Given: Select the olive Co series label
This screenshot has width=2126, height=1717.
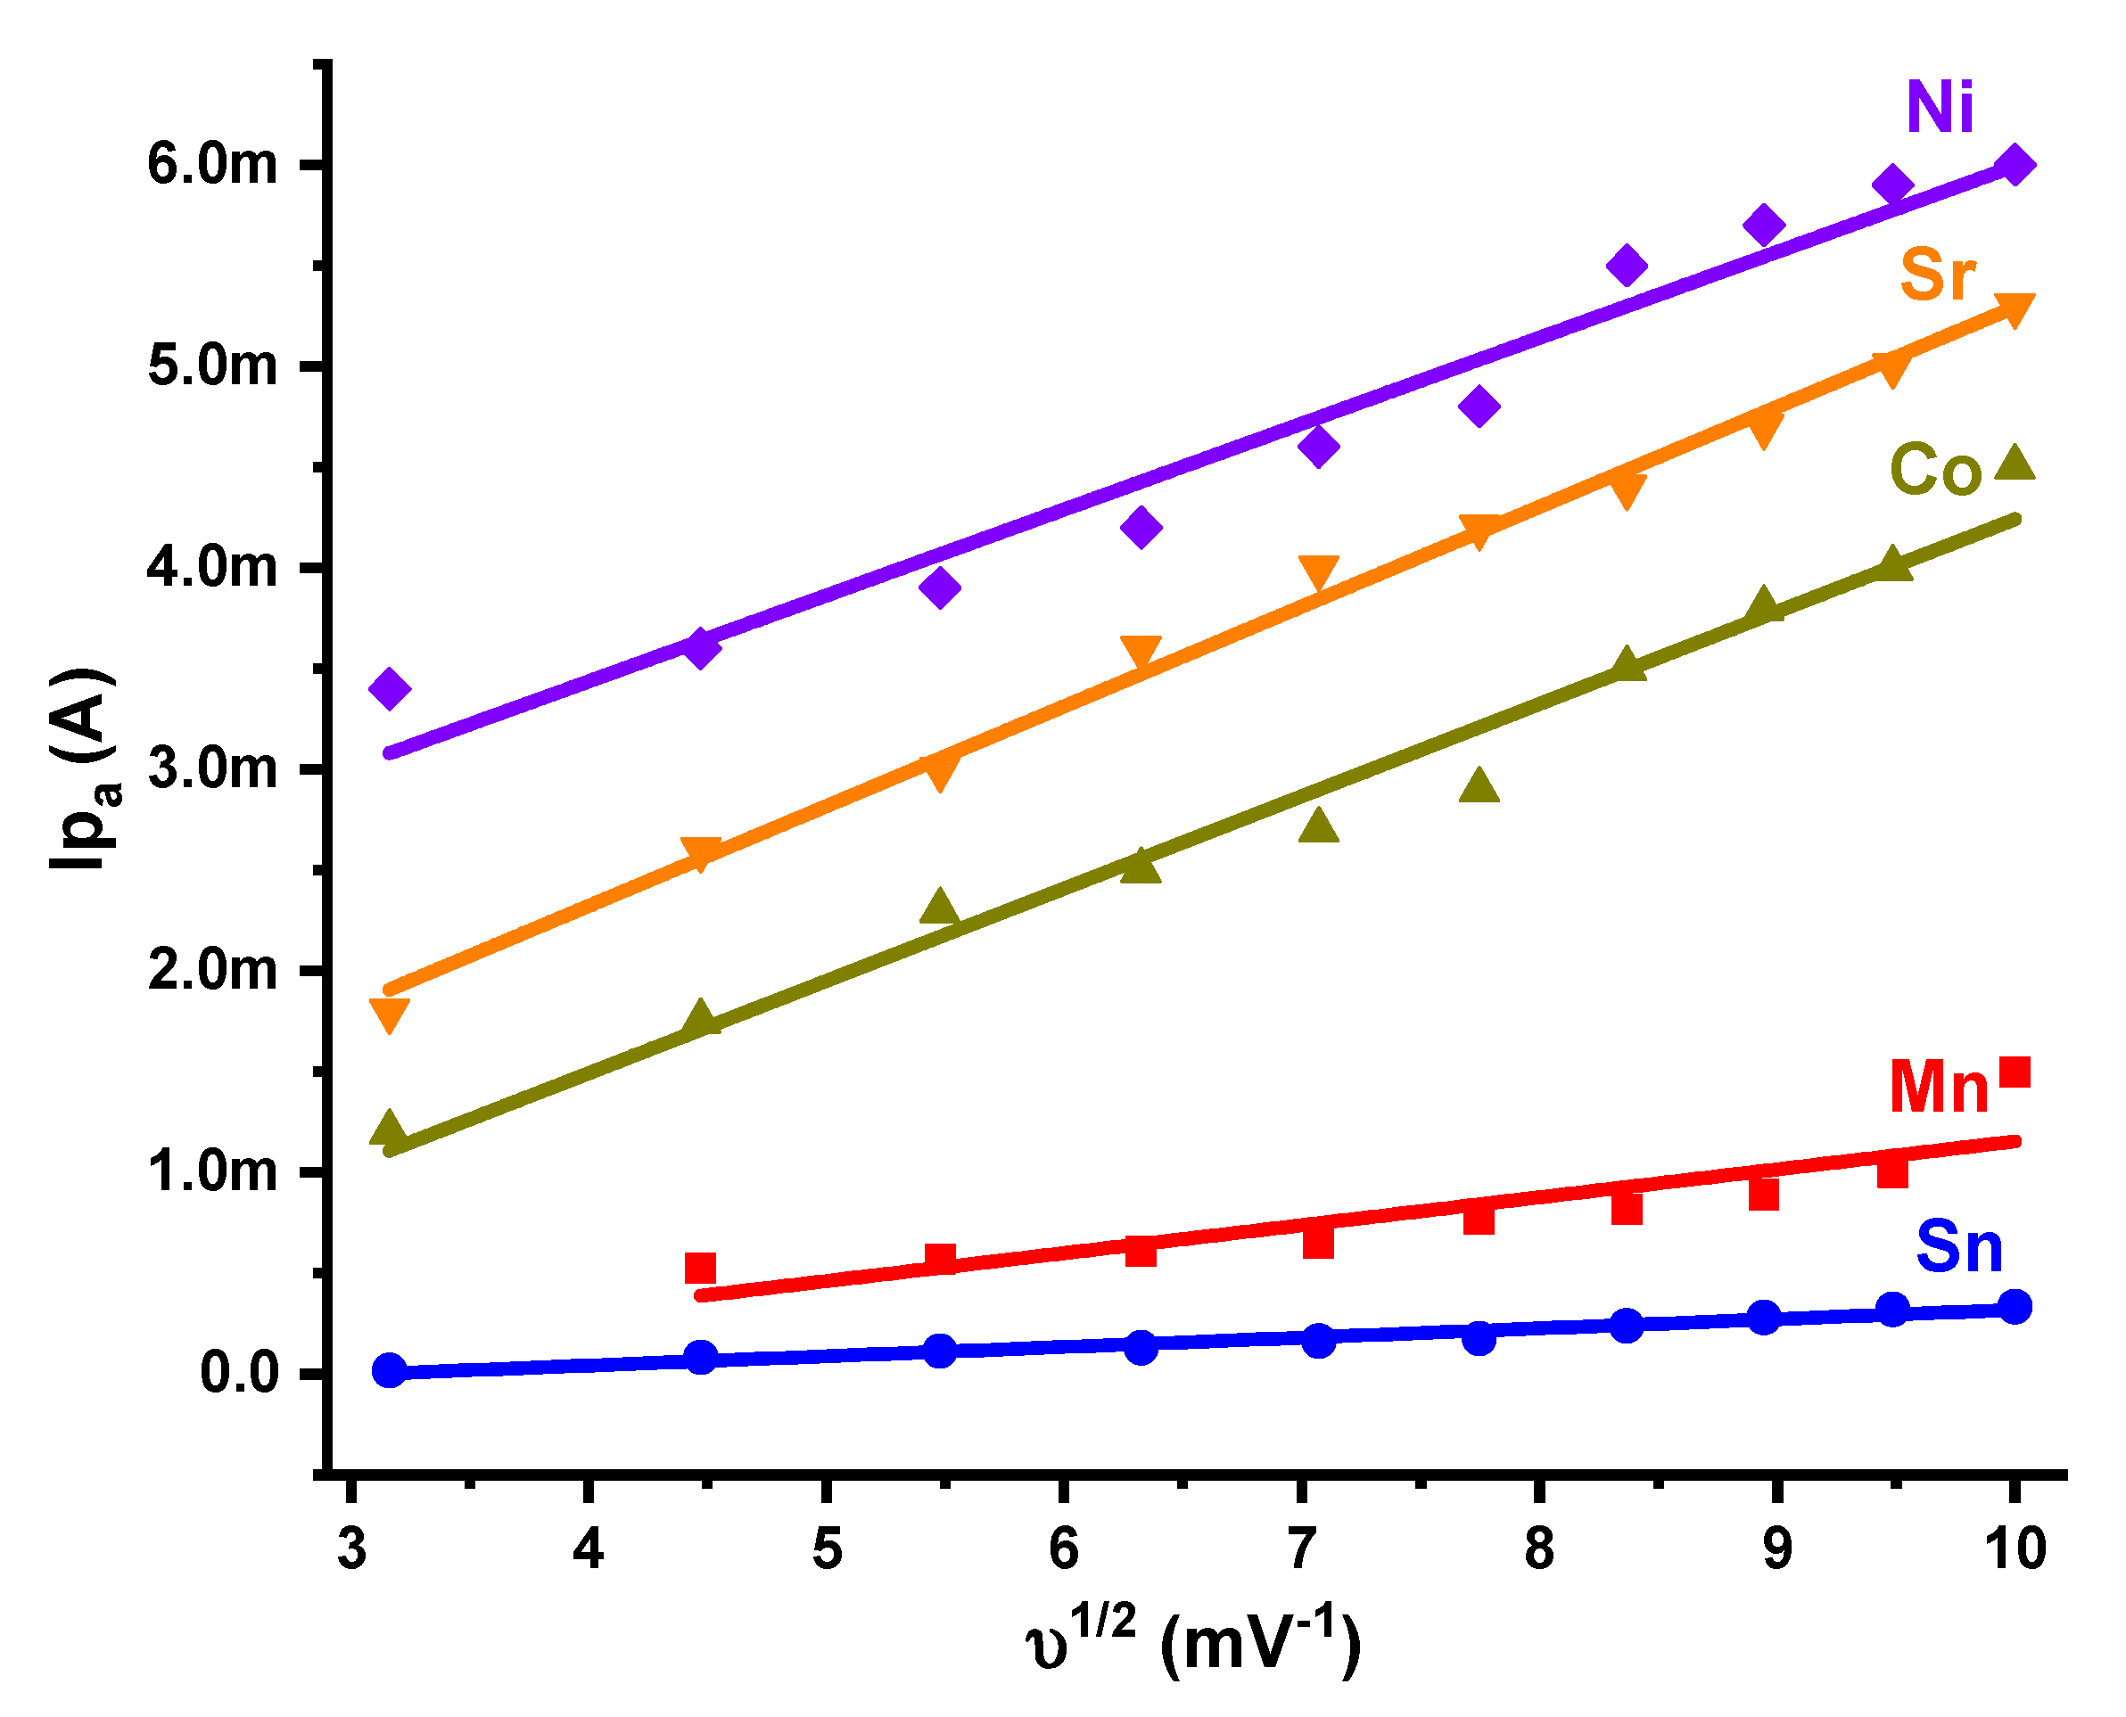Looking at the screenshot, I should click(1935, 470).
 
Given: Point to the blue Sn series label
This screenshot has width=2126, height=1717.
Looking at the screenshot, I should click(1959, 1248).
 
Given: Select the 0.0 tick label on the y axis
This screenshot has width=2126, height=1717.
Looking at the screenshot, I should click(238, 1374).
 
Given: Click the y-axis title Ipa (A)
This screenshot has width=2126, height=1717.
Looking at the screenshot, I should click(84, 769).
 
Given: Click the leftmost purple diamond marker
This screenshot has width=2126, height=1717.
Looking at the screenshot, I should click(389, 687).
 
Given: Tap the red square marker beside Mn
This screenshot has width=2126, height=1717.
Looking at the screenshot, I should click(2015, 1072).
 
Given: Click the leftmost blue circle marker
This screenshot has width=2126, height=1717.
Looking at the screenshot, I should click(389, 1371).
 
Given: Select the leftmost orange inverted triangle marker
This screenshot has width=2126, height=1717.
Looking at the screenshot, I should click(389, 1015).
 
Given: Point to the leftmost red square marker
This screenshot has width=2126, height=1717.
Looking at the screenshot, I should click(700, 1268).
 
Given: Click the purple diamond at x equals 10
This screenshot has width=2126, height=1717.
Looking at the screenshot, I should click(2015, 164).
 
